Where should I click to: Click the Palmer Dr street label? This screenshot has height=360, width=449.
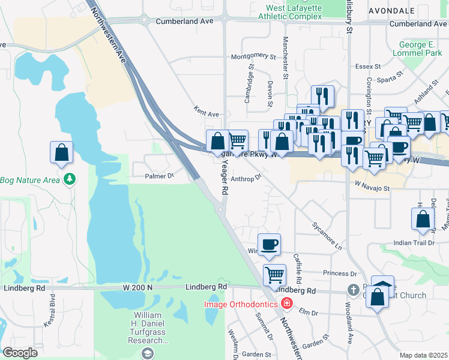159,176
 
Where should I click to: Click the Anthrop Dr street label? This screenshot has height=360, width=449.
246,178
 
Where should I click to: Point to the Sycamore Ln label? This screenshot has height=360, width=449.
327,236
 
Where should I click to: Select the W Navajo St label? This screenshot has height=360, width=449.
372,188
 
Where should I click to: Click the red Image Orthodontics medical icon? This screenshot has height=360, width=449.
286,304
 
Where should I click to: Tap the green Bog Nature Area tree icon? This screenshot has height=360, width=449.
70,179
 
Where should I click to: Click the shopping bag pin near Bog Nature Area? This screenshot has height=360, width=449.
61,153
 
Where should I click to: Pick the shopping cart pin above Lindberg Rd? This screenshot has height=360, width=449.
274,275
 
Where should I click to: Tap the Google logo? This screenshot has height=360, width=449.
20,353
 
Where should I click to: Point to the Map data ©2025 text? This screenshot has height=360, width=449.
424,355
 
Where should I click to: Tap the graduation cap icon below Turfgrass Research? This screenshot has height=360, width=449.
146,353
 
